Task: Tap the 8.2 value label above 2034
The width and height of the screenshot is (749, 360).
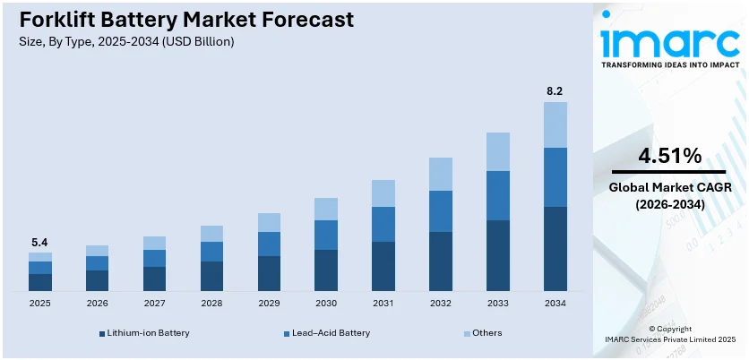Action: click(x=555, y=90)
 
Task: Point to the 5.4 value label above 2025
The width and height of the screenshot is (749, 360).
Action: click(x=39, y=242)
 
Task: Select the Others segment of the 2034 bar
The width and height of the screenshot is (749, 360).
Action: click(x=555, y=124)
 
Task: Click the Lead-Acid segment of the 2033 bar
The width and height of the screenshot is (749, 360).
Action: click(x=498, y=195)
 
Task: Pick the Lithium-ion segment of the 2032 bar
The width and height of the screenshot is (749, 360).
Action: click(x=441, y=261)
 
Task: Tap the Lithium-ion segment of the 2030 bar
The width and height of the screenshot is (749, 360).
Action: click(x=326, y=270)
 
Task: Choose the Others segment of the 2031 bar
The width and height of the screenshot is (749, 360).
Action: click(x=383, y=193)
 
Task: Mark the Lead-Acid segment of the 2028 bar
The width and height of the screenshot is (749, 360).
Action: click(x=211, y=252)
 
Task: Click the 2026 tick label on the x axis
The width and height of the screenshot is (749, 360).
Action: click(x=97, y=304)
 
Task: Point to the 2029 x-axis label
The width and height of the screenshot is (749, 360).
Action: click(x=269, y=304)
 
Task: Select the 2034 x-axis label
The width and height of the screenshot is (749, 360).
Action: click(x=555, y=304)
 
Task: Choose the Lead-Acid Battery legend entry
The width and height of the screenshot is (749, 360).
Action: click(x=325, y=333)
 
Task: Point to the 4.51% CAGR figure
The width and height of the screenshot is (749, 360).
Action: click(x=669, y=156)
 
